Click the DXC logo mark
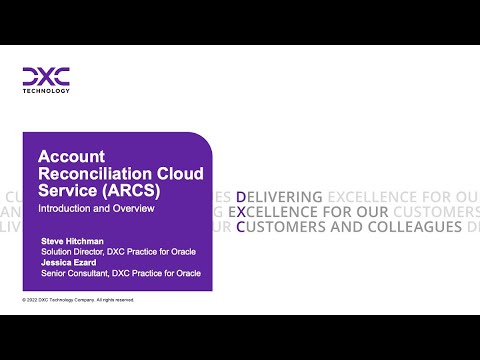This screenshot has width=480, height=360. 46,76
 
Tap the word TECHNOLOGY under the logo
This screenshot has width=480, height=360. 46,90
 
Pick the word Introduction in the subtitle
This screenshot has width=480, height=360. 62,208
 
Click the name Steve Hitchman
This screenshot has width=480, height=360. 70,242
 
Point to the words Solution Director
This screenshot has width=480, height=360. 69,252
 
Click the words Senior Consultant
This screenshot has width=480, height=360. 72,273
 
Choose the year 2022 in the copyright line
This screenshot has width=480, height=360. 36,299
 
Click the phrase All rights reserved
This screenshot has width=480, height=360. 112,299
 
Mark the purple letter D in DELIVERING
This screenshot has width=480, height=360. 242,196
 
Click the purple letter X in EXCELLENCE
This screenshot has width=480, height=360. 242,212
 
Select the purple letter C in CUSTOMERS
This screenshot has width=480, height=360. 242,227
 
